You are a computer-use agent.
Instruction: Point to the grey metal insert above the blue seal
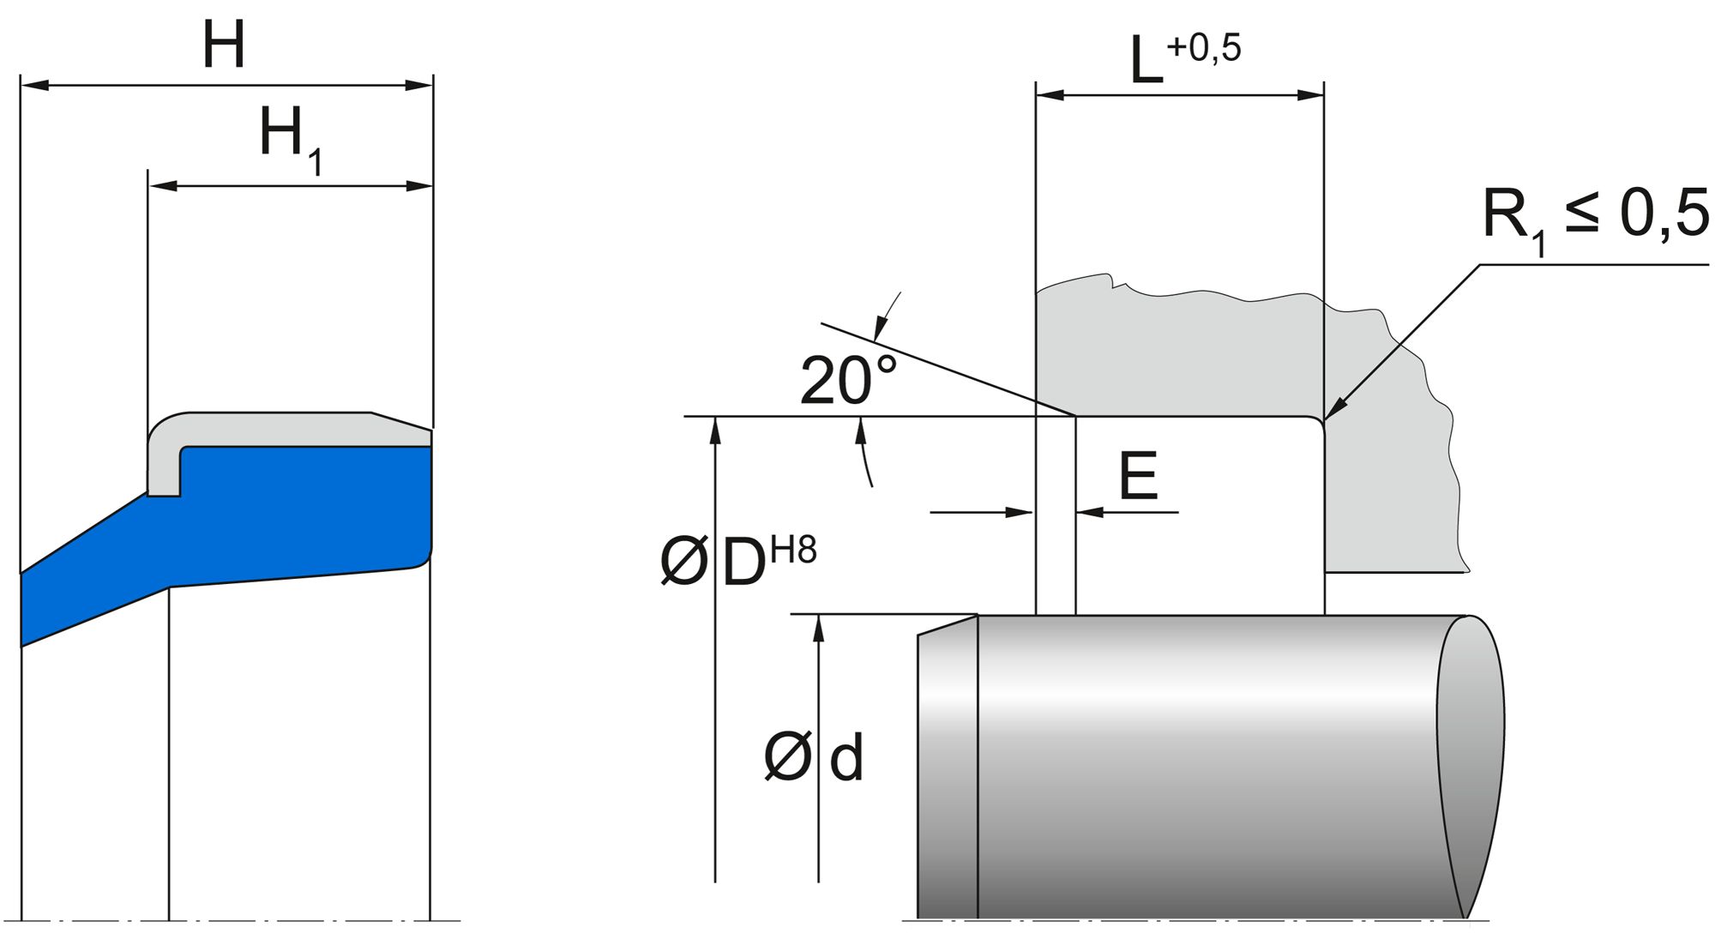pyautogui.click(x=274, y=429)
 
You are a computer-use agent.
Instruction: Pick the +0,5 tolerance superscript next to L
pyautogui.click(x=1203, y=48)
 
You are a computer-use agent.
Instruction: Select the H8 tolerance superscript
pyautogui.click(x=793, y=550)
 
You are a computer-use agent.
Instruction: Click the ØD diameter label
pyautogui.click(x=713, y=563)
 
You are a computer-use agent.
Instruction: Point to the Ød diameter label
pyautogui.click(x=814, y=758)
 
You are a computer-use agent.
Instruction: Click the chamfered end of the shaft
pyautogui.click(x=947, y=772)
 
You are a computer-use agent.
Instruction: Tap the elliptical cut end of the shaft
pyautogui.click(x=1471, y=763)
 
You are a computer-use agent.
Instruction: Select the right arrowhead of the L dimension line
pyautogui.click(x=1311, y=95)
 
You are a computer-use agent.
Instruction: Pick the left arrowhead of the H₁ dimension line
pyautogui.click(x=162, y=185)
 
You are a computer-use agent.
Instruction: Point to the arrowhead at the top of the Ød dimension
pyautogui.click(x=819, y=628)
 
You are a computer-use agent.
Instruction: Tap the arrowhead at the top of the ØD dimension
pyautogui.click(x=715, y=430)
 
